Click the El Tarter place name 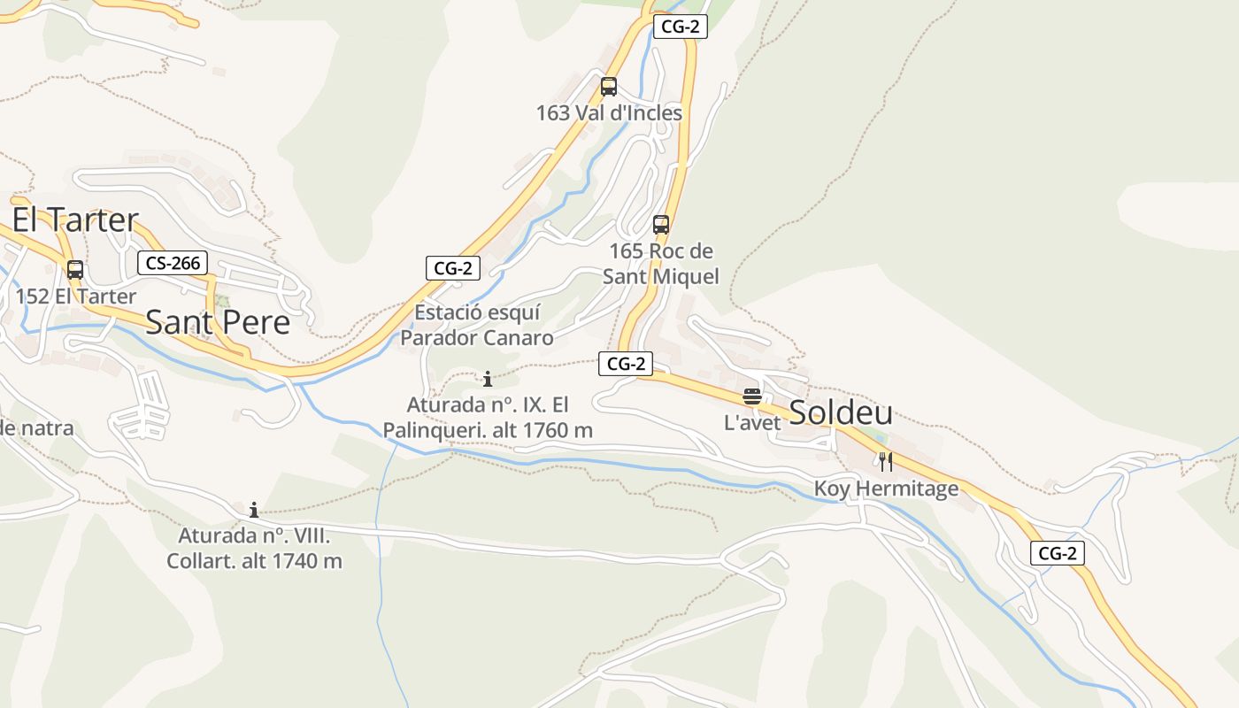[75, 219]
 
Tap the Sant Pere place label [218, 322]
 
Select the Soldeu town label [840, 412]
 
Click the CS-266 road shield [173, 263]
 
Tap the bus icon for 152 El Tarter [75, 270]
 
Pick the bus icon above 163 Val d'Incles [609, 87]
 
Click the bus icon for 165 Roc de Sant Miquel [661, 225]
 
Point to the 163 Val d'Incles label [609, 113]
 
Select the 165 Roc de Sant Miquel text [661, 264]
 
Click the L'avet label [752, 423]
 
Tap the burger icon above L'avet [752, 396]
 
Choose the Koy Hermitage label [886, 489]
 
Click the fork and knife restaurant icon [886, 462]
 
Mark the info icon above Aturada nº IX [488, 380]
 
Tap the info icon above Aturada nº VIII [254, 510]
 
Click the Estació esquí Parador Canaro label [477, 325]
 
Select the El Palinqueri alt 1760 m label [488, 418]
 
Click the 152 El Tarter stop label [76, 296]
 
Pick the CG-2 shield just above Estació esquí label [453, 268]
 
